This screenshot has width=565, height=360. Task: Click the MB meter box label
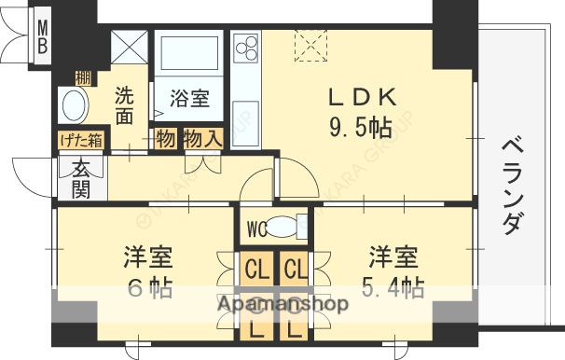tap(44, 38)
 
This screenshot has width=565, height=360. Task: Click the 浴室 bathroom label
tap(189, 96)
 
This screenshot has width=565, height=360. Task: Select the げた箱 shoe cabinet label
tap(82, 141)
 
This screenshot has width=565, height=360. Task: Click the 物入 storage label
tap(201, 140)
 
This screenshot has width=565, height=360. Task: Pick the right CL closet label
tap(295, 271)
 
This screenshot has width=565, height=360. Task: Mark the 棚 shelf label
tap(83, 77)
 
